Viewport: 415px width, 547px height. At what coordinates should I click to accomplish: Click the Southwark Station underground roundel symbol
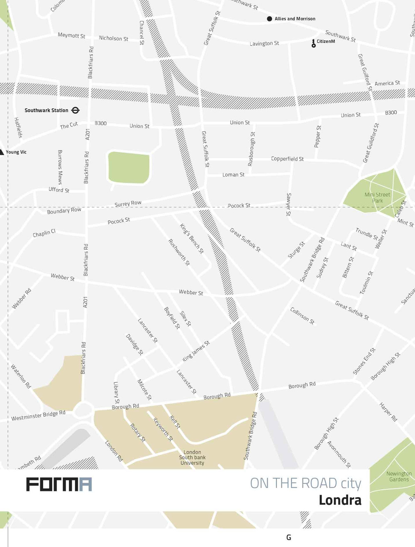[76, 110]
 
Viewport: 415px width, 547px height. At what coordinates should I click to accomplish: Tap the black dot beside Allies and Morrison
[269, 19]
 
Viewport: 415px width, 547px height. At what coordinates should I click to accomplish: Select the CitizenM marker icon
[313, 43]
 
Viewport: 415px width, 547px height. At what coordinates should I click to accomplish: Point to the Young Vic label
[16, 152]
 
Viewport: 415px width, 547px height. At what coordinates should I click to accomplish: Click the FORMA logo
[59, 484]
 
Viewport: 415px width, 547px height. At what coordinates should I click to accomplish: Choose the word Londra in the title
[340, 500]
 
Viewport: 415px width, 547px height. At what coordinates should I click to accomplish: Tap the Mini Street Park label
[377, 198]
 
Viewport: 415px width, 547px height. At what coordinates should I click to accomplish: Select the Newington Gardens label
[399, 476]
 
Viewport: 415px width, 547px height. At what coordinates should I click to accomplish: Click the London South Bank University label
[192, 457]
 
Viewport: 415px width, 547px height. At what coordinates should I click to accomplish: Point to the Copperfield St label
[287, 159]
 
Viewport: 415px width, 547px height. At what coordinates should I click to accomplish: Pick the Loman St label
[233, 175]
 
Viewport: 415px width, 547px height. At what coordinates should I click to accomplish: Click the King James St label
[196, 351]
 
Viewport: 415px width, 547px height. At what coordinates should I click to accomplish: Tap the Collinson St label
[302, 316]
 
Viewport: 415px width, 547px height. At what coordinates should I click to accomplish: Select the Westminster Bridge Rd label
[38, 415]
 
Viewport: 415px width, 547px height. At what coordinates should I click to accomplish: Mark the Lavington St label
[264, 43]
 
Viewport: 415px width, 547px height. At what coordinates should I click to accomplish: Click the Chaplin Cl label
[44, 234]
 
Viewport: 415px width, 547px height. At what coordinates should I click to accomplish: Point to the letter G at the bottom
[288, 537]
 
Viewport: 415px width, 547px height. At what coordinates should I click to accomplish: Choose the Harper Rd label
[388, 412]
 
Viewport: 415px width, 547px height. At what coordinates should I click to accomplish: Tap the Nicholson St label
[113, 38]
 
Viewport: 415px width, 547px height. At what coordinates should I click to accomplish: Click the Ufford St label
[59, 190]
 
